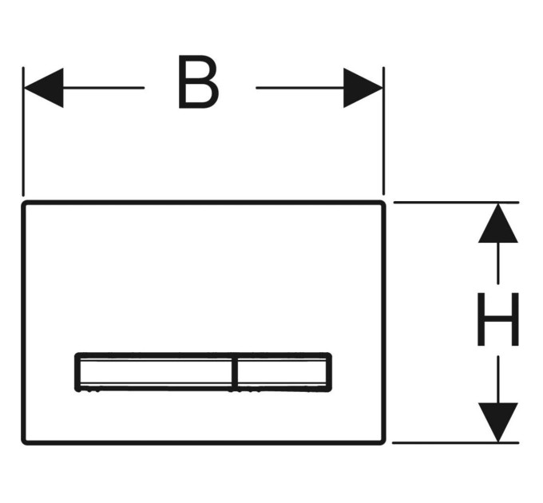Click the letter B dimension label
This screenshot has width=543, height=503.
pyautogui.click(x=198, y=81)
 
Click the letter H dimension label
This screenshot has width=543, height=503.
pyautogui.click(x=498, y=319)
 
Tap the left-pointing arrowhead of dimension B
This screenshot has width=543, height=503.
pyautogui.click(x=44, y=88)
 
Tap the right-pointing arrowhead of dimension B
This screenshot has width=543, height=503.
pyautogui.click(x=363, y=88)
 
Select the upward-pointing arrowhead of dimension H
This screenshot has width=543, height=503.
pyautogui.click(x=498, y=223)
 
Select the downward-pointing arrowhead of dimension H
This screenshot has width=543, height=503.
pyautogui.click(x=498, y=422)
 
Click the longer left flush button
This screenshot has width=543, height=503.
pyautogui.click(x=155, y=373)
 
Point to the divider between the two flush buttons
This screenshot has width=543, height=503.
pyautogui.click(x=235, y=373)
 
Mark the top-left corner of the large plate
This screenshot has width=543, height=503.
pyautogui.click(x=23, y=203)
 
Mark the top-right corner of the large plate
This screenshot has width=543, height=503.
pyautogui.click(x=384, y=203)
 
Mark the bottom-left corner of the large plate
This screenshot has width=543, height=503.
pyautogui.click(x=23, y=443)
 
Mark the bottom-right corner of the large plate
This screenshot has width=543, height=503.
pyautogui.click(x=384, y=443)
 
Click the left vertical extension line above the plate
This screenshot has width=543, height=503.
pyautogui.click(x=23, y=132)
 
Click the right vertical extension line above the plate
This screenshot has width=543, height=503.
pyautogui.click(x=384, y=131)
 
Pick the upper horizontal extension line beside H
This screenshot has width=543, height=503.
pyautogui.click(x=457, y=202)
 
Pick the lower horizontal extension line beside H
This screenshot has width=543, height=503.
pyautogui.click(x=456, y=443)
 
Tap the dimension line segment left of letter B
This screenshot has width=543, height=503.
pyautogui.click(x=104, y=88)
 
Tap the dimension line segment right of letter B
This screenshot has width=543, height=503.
pyautogui.click(x=300, y=88)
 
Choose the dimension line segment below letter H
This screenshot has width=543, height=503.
pyautogui.click(x=498, y=379)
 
